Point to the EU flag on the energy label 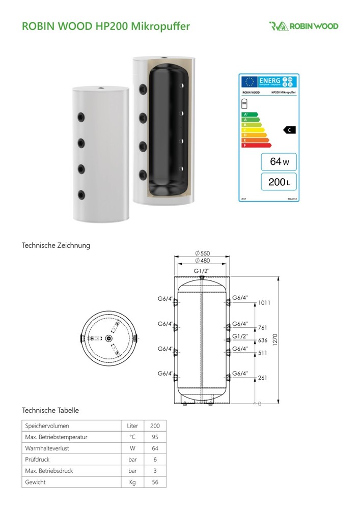coord(249,81)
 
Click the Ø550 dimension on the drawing coord(203,253)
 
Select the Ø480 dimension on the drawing coord(203,261)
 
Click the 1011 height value coord(264,303)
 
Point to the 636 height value coord(263,341)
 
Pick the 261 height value coord(263,378)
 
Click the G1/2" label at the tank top coord(202,271)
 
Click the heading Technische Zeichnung coord(56,245)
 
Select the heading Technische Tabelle coord(50,410)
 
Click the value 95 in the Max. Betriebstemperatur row coord(155,437)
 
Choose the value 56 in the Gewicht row coord(155,482)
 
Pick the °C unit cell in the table coord(132,437)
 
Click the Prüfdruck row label coord(37,459)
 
